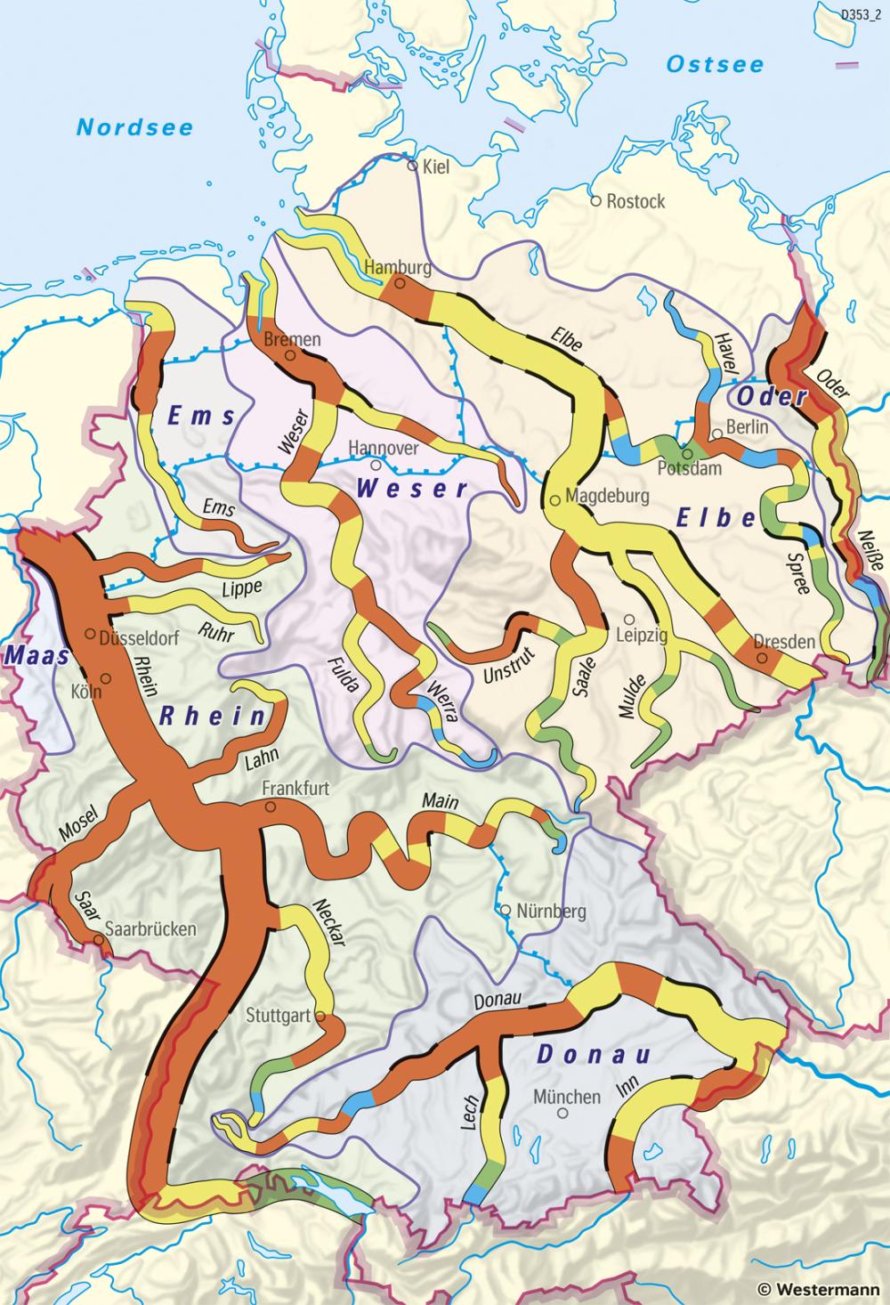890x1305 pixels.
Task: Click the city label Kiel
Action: (x=436, y=166)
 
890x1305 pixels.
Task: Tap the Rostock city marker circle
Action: (x=596, y=201)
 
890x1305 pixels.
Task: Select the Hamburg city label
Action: (x=398, y=267)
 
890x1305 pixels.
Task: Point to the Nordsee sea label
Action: (x=134, y=127)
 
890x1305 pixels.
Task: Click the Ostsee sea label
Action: (x=716, y=64)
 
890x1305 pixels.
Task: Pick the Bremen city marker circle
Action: (x=290, y=355)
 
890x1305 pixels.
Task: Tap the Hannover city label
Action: (x=383, y=448)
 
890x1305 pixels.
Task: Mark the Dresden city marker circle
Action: (x=762, y=658)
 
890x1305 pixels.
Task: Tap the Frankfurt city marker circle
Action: (x=270, y=807)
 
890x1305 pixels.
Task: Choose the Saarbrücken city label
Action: (x=150, y=928)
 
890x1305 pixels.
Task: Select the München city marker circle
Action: (x=562, y=1113)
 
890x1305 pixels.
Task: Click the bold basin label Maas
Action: (x=36, y=655)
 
